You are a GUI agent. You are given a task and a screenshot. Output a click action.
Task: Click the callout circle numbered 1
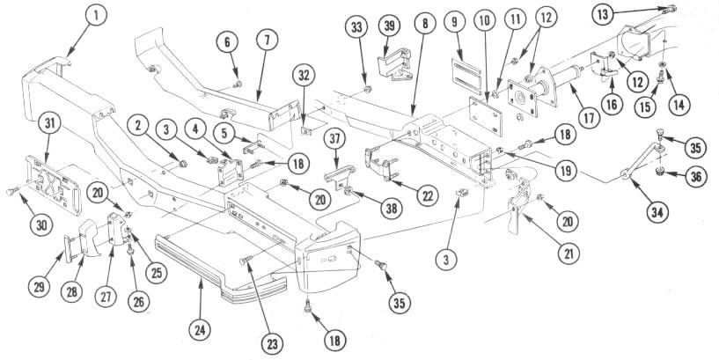(x=96, y=15)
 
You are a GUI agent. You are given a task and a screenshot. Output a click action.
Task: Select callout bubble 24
(x=200, y=330)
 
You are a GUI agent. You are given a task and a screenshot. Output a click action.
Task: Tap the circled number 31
(x=49, y=124)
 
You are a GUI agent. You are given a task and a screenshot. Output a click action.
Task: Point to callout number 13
(x=603, y=15)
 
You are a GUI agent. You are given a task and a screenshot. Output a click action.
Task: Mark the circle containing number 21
(x=569, y=253)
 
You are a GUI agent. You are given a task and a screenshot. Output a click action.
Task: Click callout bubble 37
(x=336, y=140)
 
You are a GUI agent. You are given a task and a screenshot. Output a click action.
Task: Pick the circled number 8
(x=425, y=24)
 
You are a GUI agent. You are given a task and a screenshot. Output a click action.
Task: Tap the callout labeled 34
(x=657, y=212)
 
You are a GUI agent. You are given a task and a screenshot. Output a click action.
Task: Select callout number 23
(x=273, y=344)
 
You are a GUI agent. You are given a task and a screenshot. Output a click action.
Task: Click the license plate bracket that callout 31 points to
(x=54, y=184)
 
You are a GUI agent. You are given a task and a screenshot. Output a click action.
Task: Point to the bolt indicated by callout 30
(x=11, y=192)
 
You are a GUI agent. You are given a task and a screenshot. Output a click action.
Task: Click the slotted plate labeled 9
(x=466, y=70)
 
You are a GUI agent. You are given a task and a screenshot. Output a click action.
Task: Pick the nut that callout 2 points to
(x=183, y=164)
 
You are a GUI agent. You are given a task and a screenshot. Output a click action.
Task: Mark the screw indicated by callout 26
(x=130, y=248)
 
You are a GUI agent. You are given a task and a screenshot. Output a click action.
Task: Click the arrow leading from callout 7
(x=261, y=70)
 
